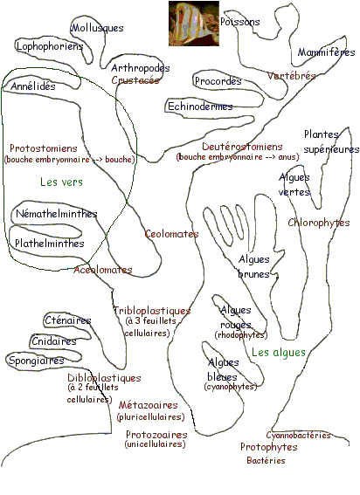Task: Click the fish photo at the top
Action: [194, 24]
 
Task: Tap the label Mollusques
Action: [97, 28]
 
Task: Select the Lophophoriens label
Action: [50, 46]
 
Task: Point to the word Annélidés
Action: [33, 86]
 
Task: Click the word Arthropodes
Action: [141, 68]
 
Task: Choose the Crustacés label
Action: [135, 80]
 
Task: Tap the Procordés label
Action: [218, 81]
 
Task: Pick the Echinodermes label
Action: [200, 107]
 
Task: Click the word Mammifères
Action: [326, 52]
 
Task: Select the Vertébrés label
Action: [292, 76]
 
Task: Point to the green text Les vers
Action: [62, 182]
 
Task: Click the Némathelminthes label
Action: [57, 214]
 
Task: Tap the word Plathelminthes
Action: [50, 244]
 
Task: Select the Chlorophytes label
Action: [319, 223]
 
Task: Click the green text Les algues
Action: [279, 352]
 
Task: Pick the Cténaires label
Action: [68, 320]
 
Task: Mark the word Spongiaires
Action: [37, 361]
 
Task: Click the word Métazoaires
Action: [149, 405]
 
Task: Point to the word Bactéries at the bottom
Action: [266, 461]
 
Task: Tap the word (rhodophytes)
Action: [241, 335]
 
